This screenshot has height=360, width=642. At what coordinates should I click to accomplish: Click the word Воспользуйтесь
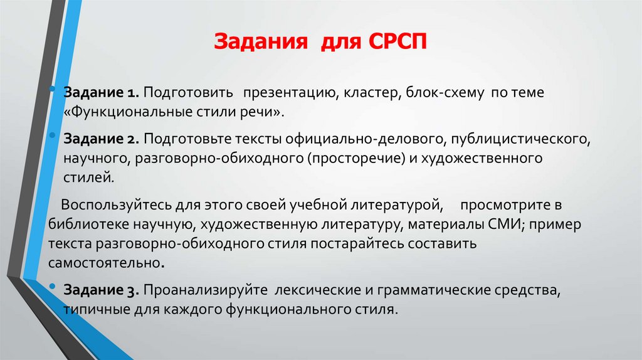click(x=107, y=204)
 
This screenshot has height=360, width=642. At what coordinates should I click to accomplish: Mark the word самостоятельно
click(x=104, y=263)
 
